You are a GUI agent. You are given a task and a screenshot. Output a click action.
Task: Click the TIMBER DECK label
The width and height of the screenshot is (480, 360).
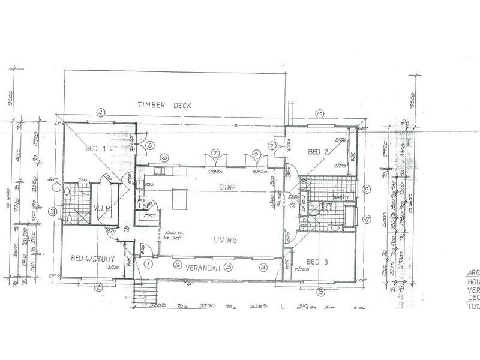pyautogui.click(x=164, y=105)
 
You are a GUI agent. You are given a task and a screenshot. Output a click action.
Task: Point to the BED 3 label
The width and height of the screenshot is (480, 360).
pyautogui.click(x=316, y=262)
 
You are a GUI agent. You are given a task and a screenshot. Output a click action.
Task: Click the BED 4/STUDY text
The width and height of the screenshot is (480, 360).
pyautogui.click(x=92, y=259)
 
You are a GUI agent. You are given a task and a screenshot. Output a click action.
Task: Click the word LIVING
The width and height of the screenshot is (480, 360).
pyautogui.click(x=225, y=240)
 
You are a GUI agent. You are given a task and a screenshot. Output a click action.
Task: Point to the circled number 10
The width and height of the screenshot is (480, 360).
pyautogui.click(x=319, y=112)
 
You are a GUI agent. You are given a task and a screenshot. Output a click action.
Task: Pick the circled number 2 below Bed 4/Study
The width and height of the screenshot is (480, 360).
pyautogui.click(x=97, y=286)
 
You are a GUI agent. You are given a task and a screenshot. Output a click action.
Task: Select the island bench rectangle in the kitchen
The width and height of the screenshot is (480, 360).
pyautogui.click(x=178, y=198)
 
